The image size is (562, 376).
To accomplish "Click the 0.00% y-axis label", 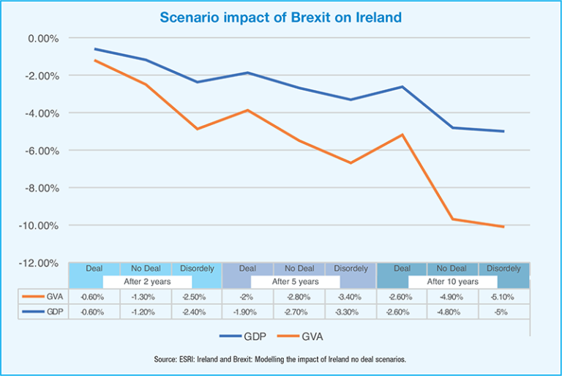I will [45, 38].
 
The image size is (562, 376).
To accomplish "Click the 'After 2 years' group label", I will [146, 282].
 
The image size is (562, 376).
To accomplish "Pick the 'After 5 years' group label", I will [295, 282].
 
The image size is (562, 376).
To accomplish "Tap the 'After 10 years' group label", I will [453, 282].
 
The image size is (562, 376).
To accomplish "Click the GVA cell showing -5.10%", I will [503, 297].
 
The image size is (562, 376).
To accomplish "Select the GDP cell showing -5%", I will [503, 312].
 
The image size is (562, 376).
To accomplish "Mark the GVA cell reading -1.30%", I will [146, 297].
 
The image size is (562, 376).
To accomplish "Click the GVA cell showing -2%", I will [247, 297].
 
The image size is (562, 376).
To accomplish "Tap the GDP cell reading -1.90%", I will [247, 312].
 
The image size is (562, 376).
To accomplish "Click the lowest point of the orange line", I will [503, 227].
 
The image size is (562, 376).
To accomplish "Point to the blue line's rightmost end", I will [503, 132].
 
